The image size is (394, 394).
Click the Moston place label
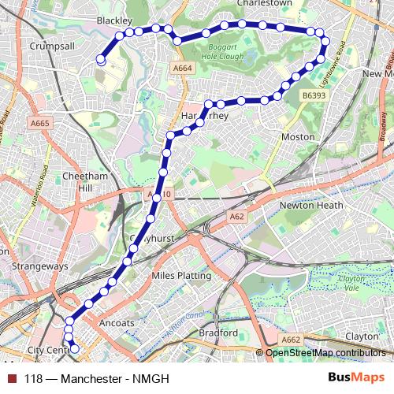click(298, 136)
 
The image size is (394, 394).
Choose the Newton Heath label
click(309, 206)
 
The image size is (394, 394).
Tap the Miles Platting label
click(180, 276)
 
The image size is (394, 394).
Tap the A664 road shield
click(182, 69)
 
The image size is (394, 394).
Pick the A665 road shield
click(39, 123)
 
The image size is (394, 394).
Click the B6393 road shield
click(313, 95)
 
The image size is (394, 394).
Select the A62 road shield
click(237, 216)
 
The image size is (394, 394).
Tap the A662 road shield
click(291, 340)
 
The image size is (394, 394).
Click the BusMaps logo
click(355, 377)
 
